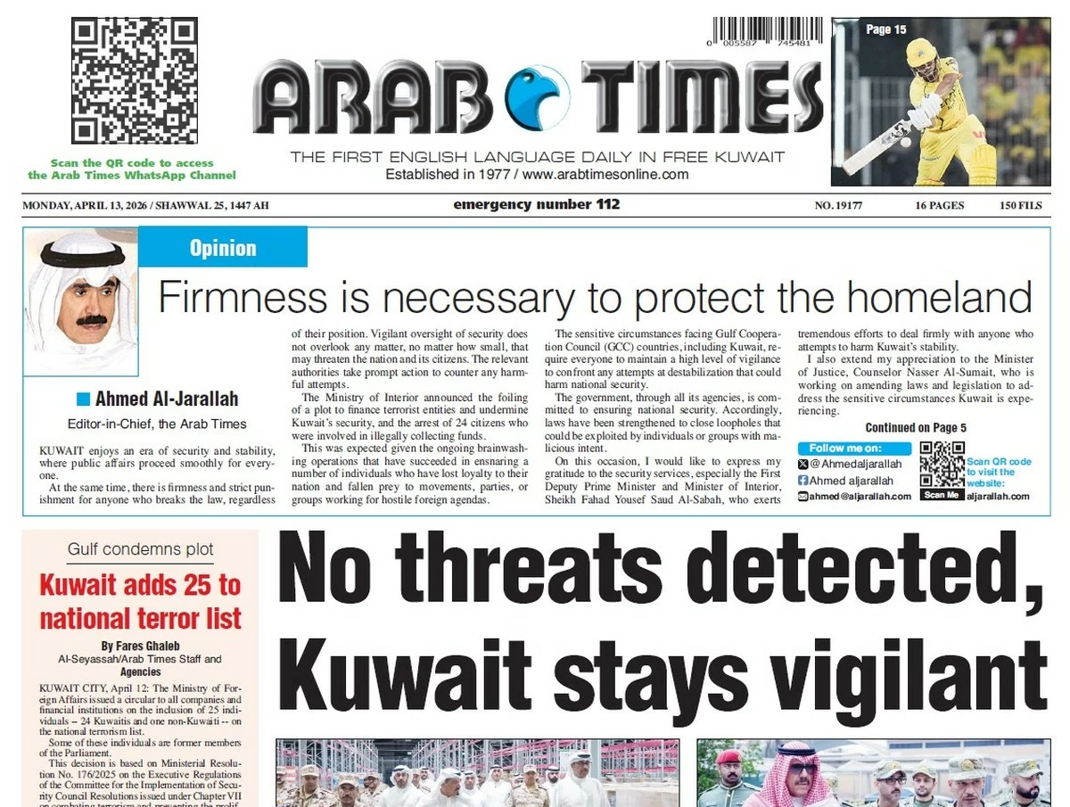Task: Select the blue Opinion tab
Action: tap(223, 248)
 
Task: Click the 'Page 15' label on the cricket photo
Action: tap(885, 29)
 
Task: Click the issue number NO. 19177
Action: tap(838, 206)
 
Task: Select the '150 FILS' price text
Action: tap(1020, 206)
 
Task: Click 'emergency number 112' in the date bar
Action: tap(536, 205)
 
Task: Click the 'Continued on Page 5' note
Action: tap(916, 428)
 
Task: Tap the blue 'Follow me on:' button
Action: tap(854, 449)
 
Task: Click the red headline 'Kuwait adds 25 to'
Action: tap(140, 585)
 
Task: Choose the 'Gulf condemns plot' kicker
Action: tap(140, 549)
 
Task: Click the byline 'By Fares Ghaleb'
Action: tap(140, 646)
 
